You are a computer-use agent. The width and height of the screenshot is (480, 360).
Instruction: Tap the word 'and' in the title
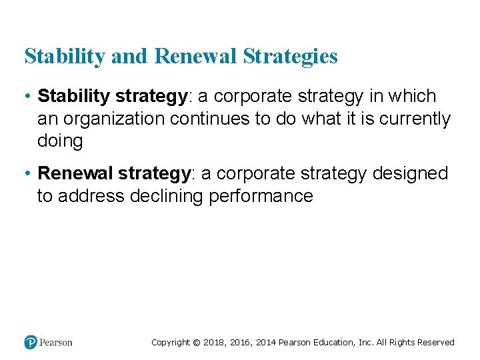pyautogui.click(x=130, y=57)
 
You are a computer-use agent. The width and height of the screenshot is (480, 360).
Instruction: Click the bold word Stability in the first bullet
pyautogui.click(x=74, y=97)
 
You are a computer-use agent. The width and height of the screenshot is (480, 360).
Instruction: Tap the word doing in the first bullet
pyautogui.click(x=60, y=141)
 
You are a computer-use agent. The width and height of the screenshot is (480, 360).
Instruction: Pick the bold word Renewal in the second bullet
pyautogui.click(x=75, y=174)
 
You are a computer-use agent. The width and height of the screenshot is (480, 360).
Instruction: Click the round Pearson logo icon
pyautogui.click(x=31, y=342)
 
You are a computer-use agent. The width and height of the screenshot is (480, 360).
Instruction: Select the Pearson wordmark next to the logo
pyautogui.click(x=56, y=343)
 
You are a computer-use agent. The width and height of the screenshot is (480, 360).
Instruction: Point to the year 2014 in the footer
pyautogui.click(x=263, y=343)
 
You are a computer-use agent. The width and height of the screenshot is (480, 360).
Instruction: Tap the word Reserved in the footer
pyautogui.click(x=435, y=343)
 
